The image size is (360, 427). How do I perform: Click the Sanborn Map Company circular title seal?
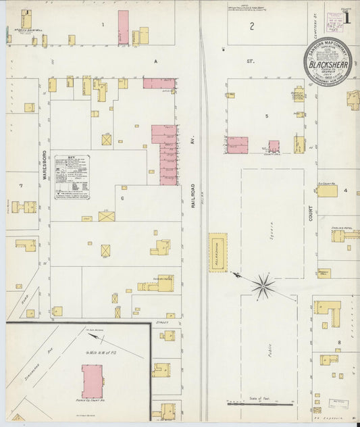(x=327, y=60)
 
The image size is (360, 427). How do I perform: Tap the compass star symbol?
(x=263, y=284)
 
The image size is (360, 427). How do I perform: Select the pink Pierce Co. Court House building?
(x=92, y=382)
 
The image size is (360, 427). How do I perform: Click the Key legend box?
(x=72, y=174)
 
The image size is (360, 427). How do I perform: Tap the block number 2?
(x=251, y=26)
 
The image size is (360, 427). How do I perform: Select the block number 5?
(x=266, y=116)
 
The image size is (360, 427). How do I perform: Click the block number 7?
(x=21, y=185)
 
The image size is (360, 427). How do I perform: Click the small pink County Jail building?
(x=274, y=146)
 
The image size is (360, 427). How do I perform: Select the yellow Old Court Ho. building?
(x=327, y=191)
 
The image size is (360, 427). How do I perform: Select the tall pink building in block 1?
(x=123, y=28)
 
